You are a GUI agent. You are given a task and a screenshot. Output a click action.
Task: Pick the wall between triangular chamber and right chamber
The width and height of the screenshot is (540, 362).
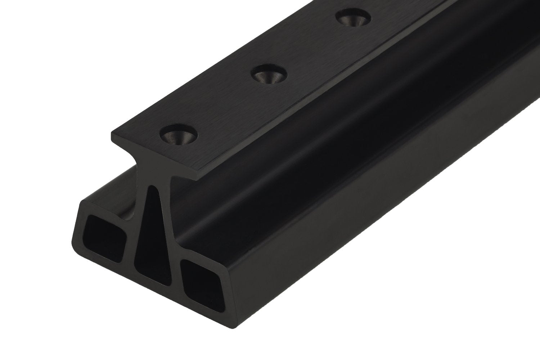(x=176, y=263)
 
